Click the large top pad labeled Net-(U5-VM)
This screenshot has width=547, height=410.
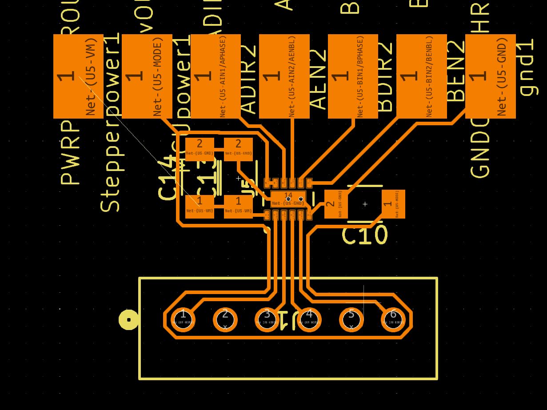click(x=78, y=76)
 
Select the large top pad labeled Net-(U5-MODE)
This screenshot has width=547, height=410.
click(x=147, y=76)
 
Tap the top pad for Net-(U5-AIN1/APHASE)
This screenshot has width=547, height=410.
click(x=216, y=76)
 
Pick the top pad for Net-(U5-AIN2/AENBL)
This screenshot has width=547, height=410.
click(x=284, y=76)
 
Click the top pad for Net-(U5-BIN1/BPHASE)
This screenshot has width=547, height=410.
click(x=353, y=76)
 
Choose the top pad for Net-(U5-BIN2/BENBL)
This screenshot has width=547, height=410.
click(x=421, y=76)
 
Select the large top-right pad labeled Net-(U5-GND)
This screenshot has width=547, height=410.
click(x=490, y=76)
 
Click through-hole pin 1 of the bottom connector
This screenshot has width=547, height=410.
click(x=183, y=319)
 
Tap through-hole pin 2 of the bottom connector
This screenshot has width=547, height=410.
click(x=225, y=319)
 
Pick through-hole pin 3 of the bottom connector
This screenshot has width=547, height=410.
click(x=267, y=319)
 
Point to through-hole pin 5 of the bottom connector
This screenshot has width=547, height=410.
click(x=351, y=319)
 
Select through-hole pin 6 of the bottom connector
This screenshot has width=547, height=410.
click(x=393, y=319)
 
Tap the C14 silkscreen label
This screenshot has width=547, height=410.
click(x=168, y=178)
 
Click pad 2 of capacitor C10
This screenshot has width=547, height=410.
click(x=336, y=204)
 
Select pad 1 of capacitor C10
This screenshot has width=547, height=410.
click(x=393, y=204)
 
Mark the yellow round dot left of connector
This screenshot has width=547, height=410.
click(x=129, y=319)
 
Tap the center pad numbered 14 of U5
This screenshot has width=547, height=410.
click(x=288, y=199)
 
